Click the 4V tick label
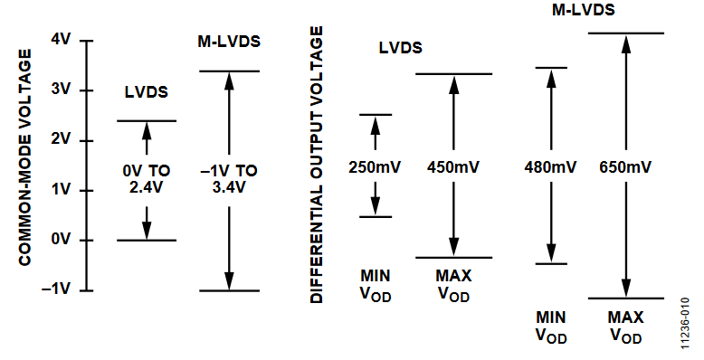[61, 40]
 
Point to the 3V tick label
[61, 90]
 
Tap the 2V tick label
[61, 140]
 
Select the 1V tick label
[61, 190]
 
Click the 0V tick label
[61, 240]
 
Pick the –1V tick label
[58, 290]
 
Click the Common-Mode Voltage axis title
[25, 157]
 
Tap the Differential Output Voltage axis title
[317, 165]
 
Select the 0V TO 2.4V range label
[147, 178]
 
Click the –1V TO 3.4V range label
[228, 178]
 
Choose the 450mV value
[453, 166]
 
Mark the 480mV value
[550, 166]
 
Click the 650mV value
[625, 166]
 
